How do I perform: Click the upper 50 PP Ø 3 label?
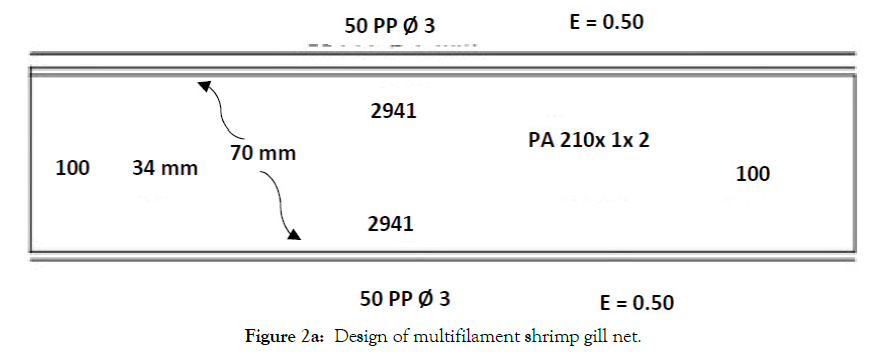point(389,26)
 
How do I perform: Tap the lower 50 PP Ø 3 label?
point(405,299)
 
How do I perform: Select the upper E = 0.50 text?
point(606,22)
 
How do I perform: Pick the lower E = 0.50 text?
point(636,303)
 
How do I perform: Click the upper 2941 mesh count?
point(394,111)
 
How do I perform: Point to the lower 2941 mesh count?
point(390,224)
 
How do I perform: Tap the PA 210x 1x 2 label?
point(589,140)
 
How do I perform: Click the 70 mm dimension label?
point(263,153)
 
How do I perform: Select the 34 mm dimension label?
point(165,168)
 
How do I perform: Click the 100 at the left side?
point(73,168)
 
